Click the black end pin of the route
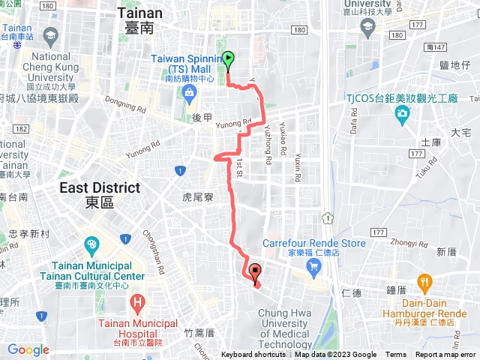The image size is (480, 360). (x=254, y=274)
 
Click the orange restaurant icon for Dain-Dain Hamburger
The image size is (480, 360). (x=425, y=283)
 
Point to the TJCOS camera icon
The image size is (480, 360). (x=402, y=113)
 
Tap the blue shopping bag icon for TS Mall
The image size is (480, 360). (x=188, y=93)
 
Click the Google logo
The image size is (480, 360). (x=28, y=349)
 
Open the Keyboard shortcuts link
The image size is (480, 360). (x=253, y=355)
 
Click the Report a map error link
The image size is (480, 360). (x=446, y=355)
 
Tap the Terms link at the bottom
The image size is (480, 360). (x=396, y=355)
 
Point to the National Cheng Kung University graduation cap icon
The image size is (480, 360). (x=50, y=35)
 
